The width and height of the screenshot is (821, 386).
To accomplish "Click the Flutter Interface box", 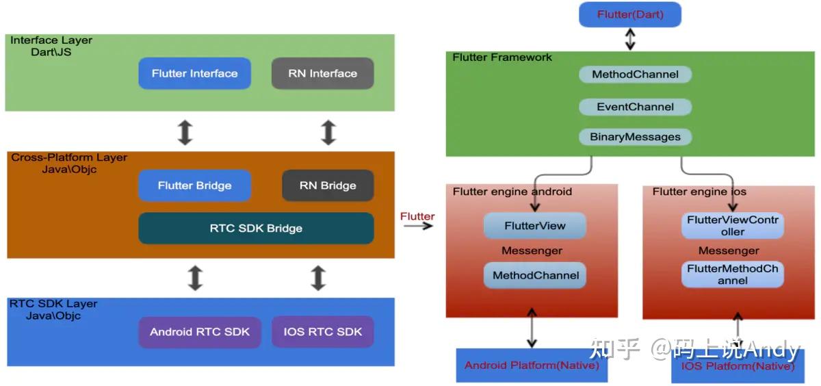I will pyautogui.click(x=194, y=73).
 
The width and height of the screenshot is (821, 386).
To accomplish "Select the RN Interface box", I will pyautogui.click(x=322, y=73).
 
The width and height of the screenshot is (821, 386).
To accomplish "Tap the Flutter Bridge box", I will pyautogui.click(x=194, y=185).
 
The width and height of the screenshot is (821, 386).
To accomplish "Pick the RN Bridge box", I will pyautogui.click(x=328, y=185).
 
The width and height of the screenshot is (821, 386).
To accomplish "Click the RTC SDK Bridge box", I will pyautogui.click(x=256, y=229).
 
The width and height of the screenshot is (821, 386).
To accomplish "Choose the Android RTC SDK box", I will pyautogui.click(x=200, y=332).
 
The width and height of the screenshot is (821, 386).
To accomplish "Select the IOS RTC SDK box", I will pyautogui.click(x=322, y=332).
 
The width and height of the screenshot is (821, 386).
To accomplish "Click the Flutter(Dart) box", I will pyautogui.click(x=630, y=14).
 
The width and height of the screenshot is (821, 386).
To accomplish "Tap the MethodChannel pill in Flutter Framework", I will pyautogui.click(x=635, y=74).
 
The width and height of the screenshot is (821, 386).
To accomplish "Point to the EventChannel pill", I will pyautogui.click(x=635, y=107).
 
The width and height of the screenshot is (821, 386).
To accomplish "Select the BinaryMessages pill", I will pyautogui.click(x=635, y=137).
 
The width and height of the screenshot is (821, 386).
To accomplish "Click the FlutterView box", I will pyautogui.click(x=535, y=226).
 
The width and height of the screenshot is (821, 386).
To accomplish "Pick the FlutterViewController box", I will pyautogui.click(x=732, y=226).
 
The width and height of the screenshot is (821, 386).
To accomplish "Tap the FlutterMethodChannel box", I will pyautogui.click(x=732, y=274).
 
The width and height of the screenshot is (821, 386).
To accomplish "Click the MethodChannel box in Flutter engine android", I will pyautogui.click(x=535, y=275).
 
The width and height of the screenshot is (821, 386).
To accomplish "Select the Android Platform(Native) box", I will pyautogui.click(x=532, y=365).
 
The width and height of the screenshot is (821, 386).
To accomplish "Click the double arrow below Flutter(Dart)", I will pyautogui.click(x=630, y=39).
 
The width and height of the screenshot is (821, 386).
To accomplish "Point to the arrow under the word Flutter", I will pyautogui.click(x=418, y=226).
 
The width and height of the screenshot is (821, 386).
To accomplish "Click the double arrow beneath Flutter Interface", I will pyautogui.click(x=185, y=132).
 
